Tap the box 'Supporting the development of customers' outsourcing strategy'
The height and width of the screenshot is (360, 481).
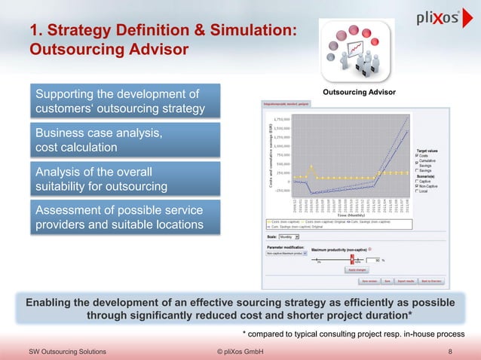(124, 102)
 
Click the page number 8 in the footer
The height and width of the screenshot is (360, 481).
(449, 352)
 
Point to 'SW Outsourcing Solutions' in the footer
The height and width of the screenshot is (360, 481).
(67, 352)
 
